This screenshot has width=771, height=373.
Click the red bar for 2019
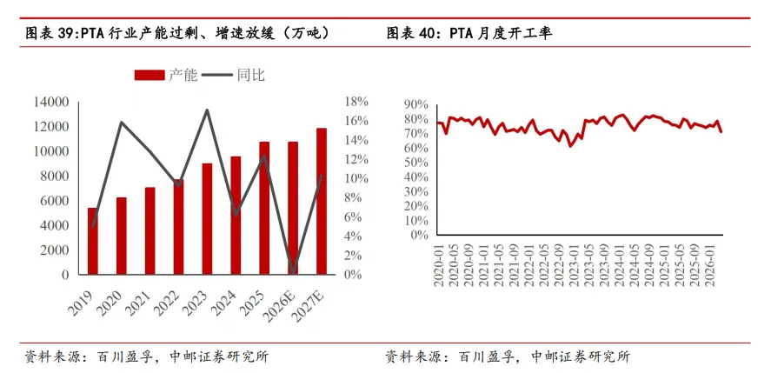pos(92,241)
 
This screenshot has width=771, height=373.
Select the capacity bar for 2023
pos(207,219)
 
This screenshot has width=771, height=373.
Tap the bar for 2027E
pos(322,201)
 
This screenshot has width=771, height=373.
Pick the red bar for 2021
pos(150,230)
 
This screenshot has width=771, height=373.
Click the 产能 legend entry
pos(166,75)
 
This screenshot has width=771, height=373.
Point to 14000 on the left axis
pos(51,103)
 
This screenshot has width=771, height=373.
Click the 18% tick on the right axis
pos(356,102)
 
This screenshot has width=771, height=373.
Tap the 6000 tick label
pos(55,201)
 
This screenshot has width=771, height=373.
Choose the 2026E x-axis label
pos(279,304)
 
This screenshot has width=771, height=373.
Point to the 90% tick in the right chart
pos(416,104)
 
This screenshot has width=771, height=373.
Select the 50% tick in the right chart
pos(416,163)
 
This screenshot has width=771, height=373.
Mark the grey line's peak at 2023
pos(207,110)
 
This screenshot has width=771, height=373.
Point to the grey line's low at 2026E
pos(294,272)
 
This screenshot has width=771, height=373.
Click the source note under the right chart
pos(508,356)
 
